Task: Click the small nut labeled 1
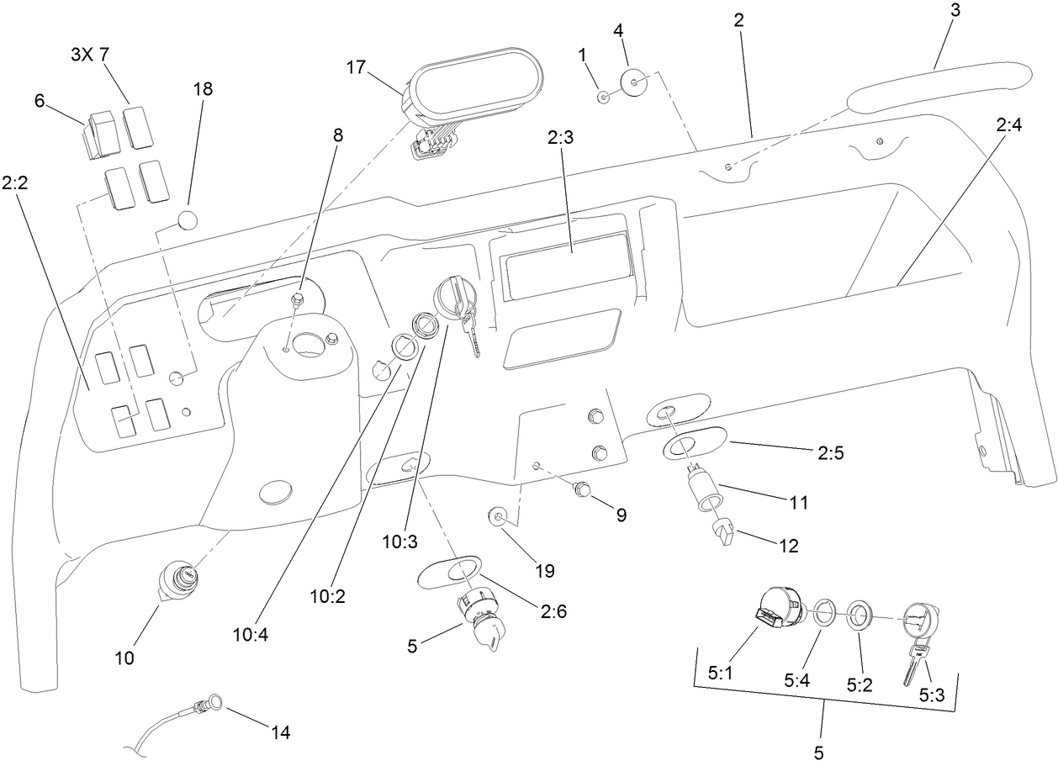tap(604, 98)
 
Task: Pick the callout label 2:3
tap(560, 138)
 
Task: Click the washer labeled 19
tap(497, 515)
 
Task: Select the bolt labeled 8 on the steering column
tap(296, 300)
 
